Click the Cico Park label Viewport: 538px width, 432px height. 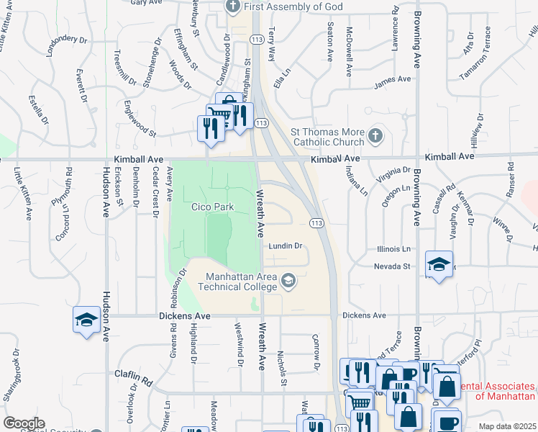pos(212,207)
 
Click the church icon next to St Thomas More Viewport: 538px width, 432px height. pos(375,135)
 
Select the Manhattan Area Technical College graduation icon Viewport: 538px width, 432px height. pos(288,280)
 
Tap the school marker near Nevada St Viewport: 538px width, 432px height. pos(439,264)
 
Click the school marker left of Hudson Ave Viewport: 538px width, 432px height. pos(86,320)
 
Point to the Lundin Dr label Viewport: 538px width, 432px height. pos(286,246)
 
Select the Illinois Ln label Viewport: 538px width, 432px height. pos(393,249)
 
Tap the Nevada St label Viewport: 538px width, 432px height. pos(391,266)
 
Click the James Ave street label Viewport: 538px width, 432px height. pos(392,80)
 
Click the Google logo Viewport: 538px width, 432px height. pos(24,423)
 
